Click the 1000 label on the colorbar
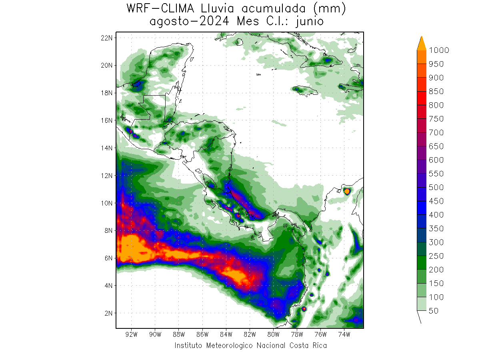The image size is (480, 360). point(439,50)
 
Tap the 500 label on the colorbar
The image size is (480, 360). point(436,187)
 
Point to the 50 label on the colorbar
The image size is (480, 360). point(433,311)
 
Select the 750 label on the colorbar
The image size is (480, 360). point(436,119)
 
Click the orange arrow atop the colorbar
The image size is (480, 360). point(422,43)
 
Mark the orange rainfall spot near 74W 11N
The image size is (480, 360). point(347,192)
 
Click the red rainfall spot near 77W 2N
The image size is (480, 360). point(304,309)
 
